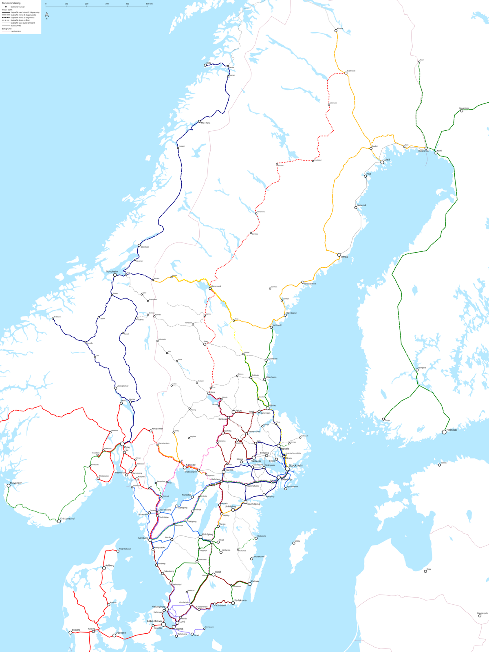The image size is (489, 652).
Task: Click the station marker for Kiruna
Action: coord(336,31)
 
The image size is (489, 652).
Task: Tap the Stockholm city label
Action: coord(296,465)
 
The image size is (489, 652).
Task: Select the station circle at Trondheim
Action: coord(115,275)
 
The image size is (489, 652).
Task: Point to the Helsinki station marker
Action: coord(444,432)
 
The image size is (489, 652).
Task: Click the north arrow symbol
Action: coord(46,15)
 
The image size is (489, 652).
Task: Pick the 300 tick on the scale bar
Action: coord(107,4)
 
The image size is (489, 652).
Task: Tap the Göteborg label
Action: coord(143,538)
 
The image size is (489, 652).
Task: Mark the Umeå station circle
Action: coord(339,255)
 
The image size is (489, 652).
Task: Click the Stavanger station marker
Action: coord(9,485)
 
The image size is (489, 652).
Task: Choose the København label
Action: coord(154,621)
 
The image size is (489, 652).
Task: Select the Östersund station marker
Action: coord(211,289)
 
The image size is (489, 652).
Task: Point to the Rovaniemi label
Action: coord(464,108)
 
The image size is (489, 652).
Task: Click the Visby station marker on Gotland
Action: coord(294,543)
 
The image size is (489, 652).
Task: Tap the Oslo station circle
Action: coord(122,444)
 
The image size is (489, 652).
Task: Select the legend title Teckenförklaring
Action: coord(11,3)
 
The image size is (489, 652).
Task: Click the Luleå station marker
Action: coord(382,162)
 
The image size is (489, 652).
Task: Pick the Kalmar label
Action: coord(255,581)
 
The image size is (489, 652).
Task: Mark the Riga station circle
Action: coord(425,571)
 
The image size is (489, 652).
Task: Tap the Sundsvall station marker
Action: coord(271,327)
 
